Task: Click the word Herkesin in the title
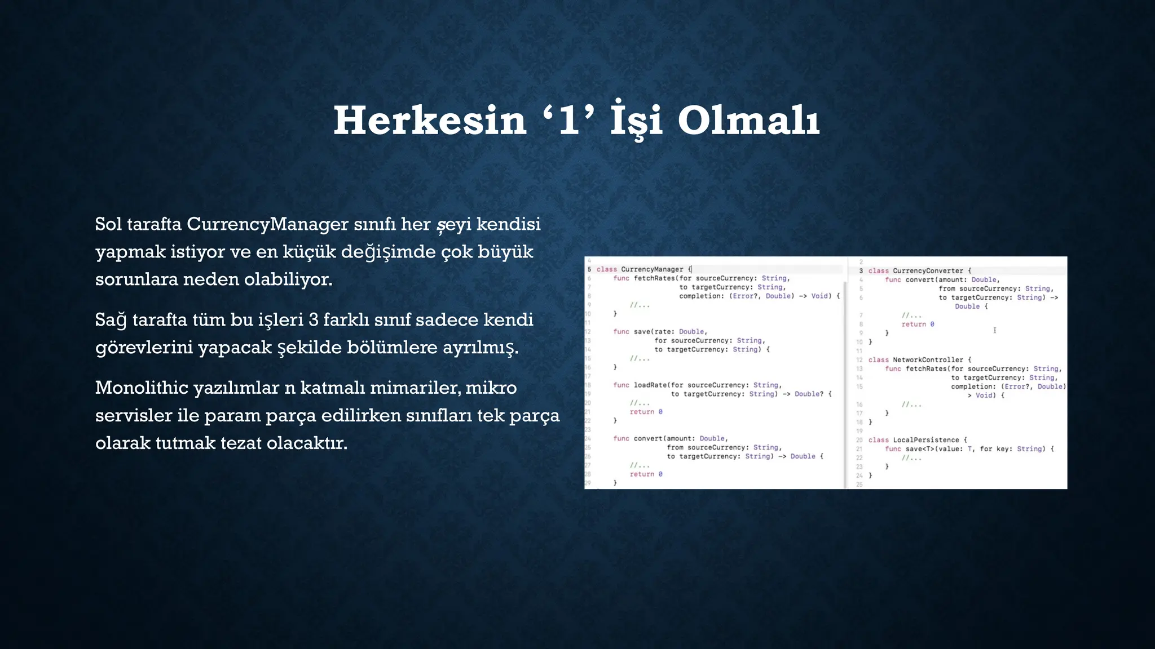[x=430, y=121]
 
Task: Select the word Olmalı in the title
[x=748, y=121]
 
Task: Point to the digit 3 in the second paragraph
[x=314, y=320]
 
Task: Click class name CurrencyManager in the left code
[x=652, y=269]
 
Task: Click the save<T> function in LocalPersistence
[x=920, y=448]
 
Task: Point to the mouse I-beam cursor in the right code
[x=995, y=330]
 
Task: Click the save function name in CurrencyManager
[x=641, y=331]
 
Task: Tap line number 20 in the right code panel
[x=859, y=439]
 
